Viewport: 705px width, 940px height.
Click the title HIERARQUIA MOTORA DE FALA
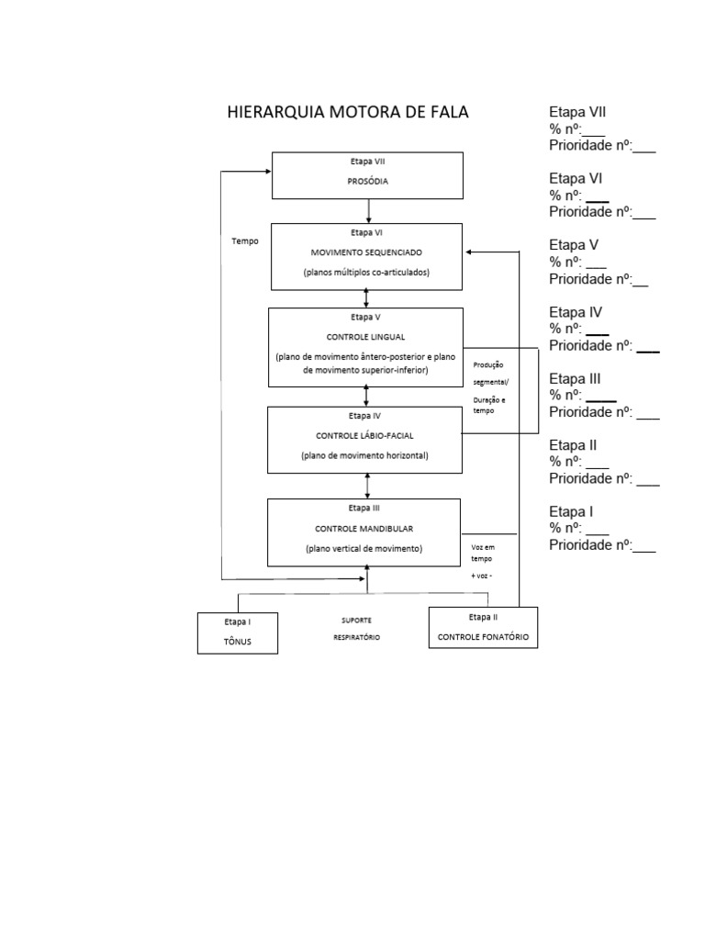[348, 112]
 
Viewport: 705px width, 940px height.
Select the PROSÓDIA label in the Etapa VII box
[367, 181]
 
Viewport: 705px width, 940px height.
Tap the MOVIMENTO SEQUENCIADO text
[366, 252]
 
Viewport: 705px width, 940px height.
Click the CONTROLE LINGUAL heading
[365, 337]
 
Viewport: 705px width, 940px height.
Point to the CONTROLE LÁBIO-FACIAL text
[364, 436]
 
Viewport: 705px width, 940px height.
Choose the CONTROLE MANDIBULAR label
[364, 529]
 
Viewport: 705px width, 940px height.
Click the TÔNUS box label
[238, 642]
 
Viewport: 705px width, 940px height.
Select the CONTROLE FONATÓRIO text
[483, 637]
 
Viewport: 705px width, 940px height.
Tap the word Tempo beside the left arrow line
[245, 241]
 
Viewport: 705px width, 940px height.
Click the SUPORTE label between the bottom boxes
[357, 621]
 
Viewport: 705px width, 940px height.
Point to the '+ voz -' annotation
[481, 576]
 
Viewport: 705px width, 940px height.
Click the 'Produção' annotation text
[488, 364]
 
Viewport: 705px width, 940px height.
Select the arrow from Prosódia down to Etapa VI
[368, 211]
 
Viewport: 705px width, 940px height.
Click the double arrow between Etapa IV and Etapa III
[367, 487]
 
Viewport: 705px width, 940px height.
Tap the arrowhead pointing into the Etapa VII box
[268, 172]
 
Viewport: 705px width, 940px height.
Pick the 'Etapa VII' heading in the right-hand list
[577, 112]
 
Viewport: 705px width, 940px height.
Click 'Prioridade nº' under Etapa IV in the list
[591, 345]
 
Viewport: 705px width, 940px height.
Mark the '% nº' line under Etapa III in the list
[565, 395]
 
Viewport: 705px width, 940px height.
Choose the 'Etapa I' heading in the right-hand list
[571, 511]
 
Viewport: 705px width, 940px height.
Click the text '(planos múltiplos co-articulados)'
[366, 272]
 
